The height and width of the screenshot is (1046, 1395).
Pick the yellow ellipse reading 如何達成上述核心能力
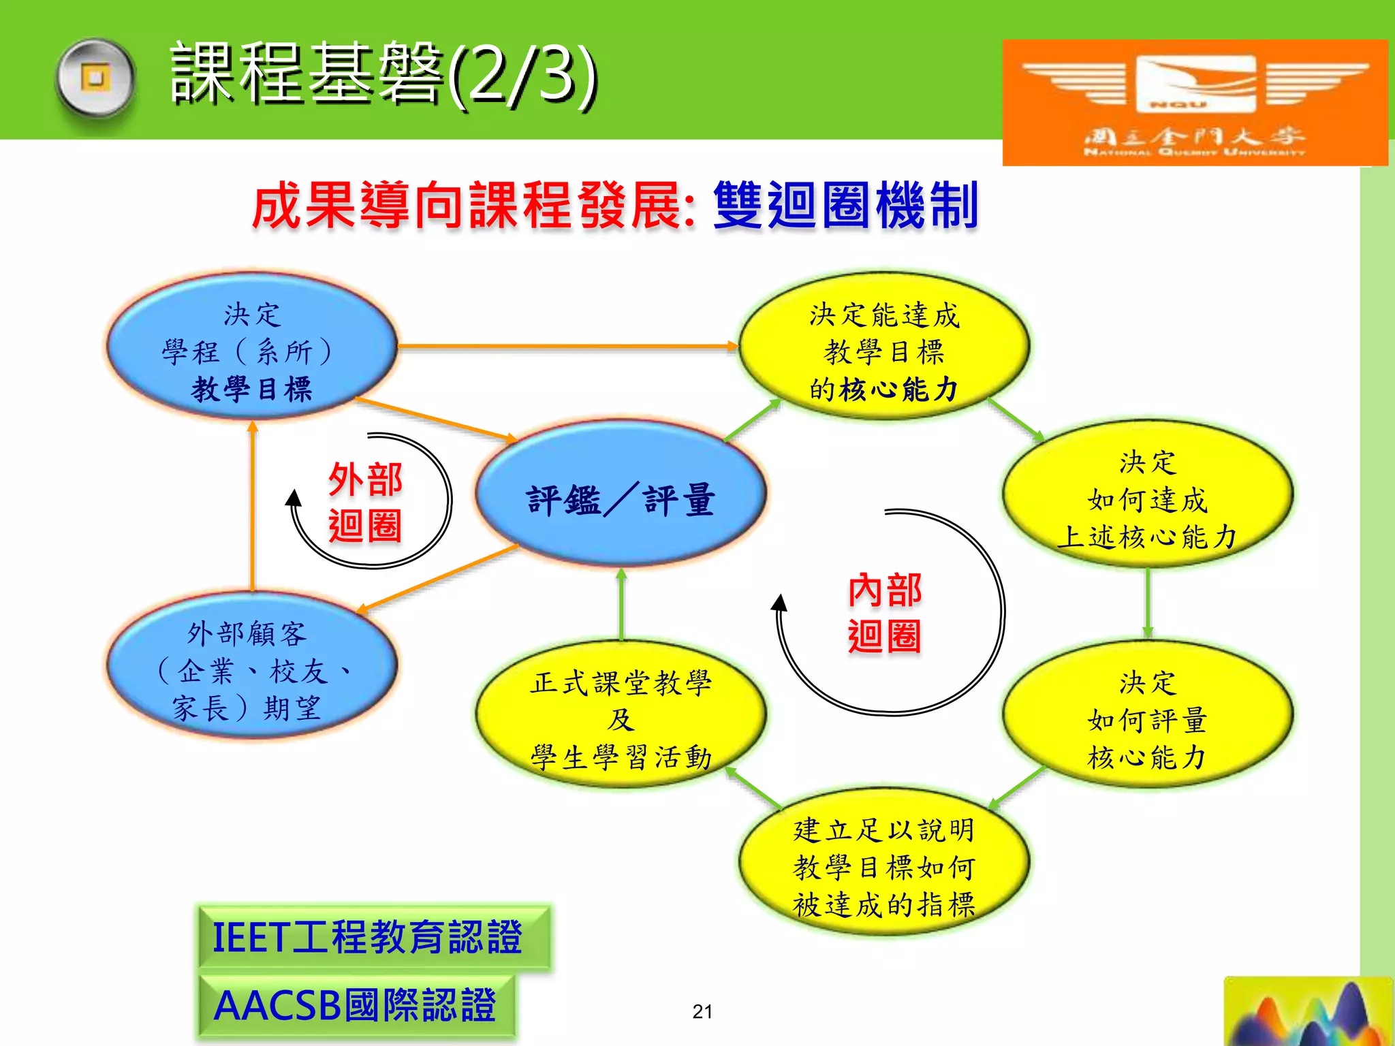pyautogui.click(x=1147, y=497)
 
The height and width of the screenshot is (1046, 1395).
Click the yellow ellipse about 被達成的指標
pyautogui.click(x=883, y=865)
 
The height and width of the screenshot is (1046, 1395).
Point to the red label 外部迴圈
pyautogui.click(x=365, y=503)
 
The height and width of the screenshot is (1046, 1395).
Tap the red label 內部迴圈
pyautogui.click(x=883, y=613)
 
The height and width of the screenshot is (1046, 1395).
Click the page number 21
pyautogui.click(x=702, y=1012)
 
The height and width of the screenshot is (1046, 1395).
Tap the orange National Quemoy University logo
pyautogui.click(x=1194, y=102)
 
